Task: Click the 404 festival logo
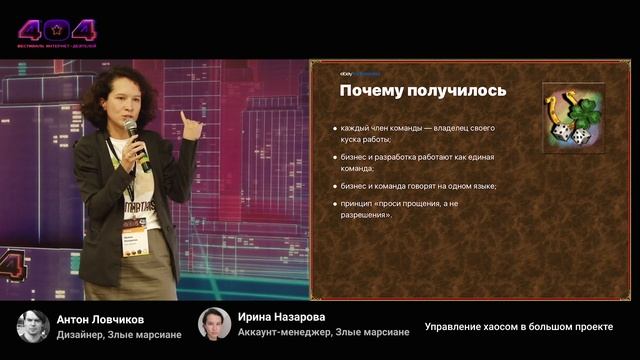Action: pos(57,31)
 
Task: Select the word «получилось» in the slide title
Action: pos(457,91)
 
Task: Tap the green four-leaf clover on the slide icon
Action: pos(586,109)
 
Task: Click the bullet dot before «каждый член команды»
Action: pos(334,129)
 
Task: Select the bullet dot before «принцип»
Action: pos(334,204)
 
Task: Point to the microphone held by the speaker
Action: pos(136,141)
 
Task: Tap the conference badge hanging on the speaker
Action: pos(134,242)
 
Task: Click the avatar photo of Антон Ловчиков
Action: pos(33,326)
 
